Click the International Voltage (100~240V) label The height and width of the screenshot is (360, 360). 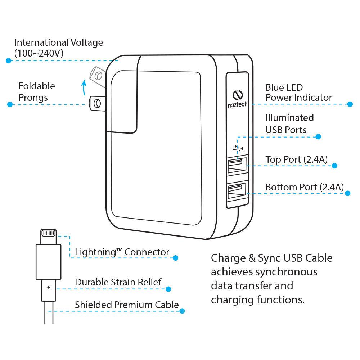pos(58,48)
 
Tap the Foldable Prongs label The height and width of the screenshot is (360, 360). pos(37,92)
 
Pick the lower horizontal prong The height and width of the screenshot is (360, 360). pos(96,104)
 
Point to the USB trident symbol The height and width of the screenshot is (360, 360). pos(238,148)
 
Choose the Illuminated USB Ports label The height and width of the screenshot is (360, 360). pos(289,123)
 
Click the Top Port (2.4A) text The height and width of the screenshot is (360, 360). pos(296,159)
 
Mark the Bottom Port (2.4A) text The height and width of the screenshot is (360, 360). pos(305,187)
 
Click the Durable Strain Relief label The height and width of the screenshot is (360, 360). pos(118,282)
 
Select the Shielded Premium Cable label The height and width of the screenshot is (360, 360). pos(127,305)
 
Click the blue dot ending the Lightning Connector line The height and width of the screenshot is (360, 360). pos(175,258)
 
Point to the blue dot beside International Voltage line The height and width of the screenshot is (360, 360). pos(9,60)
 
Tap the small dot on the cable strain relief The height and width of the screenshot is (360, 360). pos(48,288)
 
